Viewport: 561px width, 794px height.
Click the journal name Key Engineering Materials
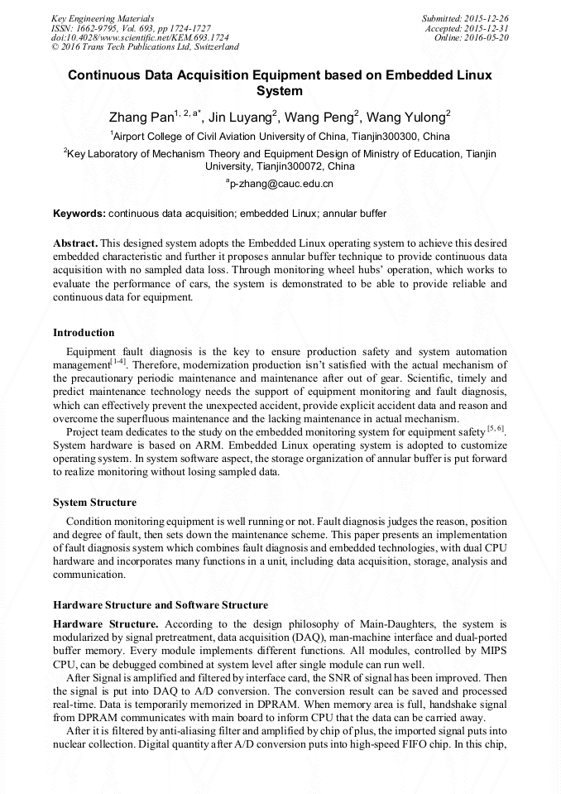(102, 17)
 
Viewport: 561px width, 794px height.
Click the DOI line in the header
(140, 37)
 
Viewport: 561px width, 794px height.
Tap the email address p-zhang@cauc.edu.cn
(281, 184)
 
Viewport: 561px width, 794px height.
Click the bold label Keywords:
(79, 214)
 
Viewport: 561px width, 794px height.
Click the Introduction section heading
(84, 333)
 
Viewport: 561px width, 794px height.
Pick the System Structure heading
(94, 503)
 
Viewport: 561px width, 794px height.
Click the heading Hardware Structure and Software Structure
(160, 604)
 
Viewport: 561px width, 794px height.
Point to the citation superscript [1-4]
(118, 361)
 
